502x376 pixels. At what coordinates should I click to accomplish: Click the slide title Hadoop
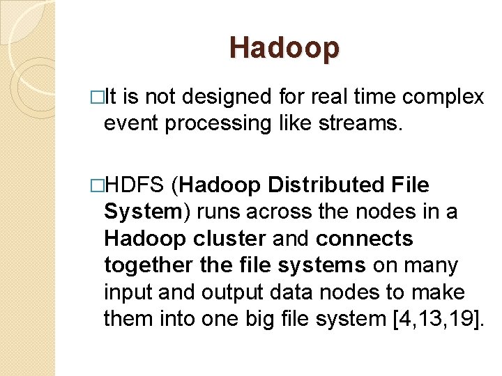(x=284, y=48)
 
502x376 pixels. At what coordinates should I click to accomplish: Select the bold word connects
(x=365, y=238)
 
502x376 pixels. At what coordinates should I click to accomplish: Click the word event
(x=130, y=123)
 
